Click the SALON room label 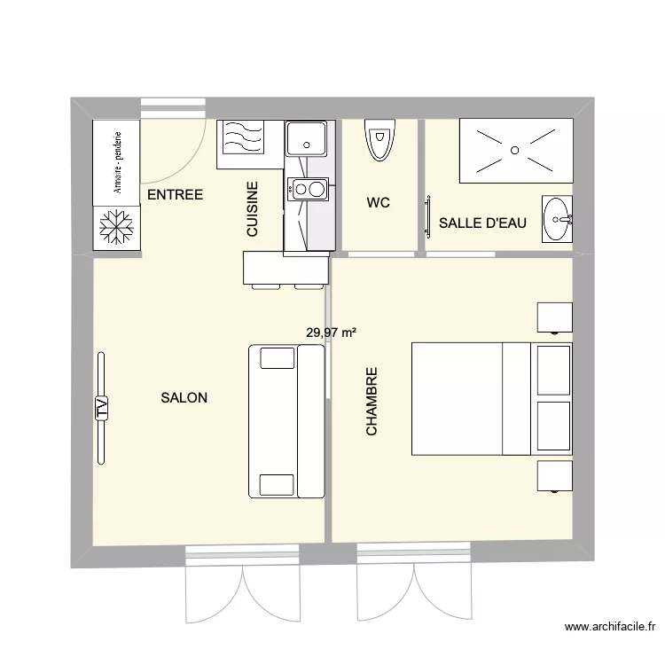[x=184, y=398]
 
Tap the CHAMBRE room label [x=372, y=402]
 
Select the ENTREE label [x=175, y=195]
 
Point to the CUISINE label [x=252, y=209]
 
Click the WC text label [x=378, y=203]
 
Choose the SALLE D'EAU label [x=482, y=223]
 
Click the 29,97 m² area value [x=331, y=333]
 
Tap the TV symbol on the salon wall [x=101, y=407]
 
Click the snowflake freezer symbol [x=115, y=227]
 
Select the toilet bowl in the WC [x=379, y=140]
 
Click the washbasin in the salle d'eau [x=558, y=218]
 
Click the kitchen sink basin [x=307, y=137]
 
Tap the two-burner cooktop [x=307, y=188]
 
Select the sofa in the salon [x=286, y=421]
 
